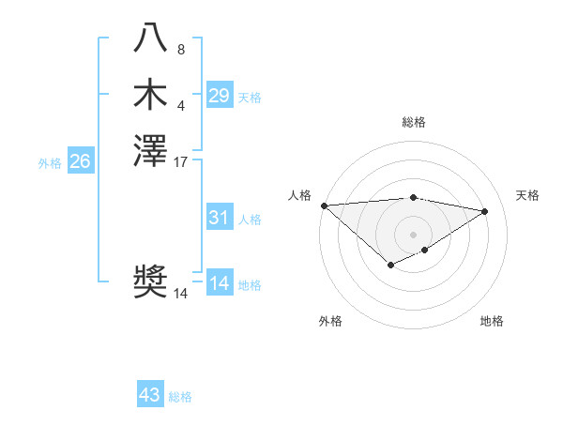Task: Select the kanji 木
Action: [x=150, y=96]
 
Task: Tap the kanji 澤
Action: [x=150, y=151]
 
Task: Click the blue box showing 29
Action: [x=219, y=96]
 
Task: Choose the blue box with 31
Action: [x=219, y=218]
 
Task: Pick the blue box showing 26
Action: [x=80, y=161]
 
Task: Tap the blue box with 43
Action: [x=150, y=395]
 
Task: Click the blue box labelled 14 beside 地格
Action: [x=219, y=283]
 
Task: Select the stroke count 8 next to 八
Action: [x=181, y=50]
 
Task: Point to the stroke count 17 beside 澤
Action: [x=181, y=161]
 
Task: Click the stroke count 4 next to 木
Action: [x=181, y=105]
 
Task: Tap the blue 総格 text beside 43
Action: [x=180, y=397]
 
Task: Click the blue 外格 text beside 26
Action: [x=50, y=162]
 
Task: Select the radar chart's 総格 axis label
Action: [x=414, y=122]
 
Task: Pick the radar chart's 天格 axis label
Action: [x=527, y=195]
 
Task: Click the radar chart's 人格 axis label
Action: [x=299, y=195]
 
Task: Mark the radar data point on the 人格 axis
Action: [x=324, y=205]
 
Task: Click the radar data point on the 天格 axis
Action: [x=485, y=211]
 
